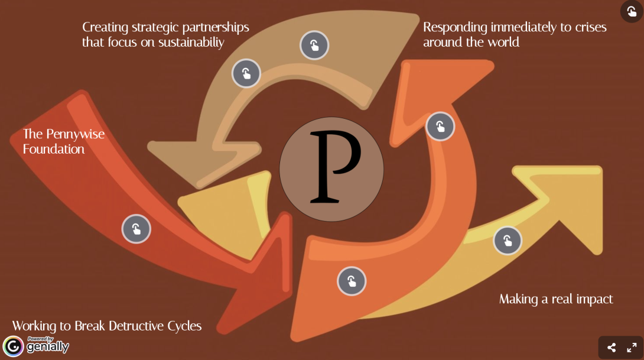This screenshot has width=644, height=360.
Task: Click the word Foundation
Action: tap(54, 149)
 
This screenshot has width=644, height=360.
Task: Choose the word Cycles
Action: tap(183, 326)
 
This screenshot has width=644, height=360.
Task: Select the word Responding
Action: tap(455, 27)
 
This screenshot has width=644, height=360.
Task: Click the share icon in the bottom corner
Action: tap(612, 348)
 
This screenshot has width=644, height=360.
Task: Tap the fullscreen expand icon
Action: tap(632, 348)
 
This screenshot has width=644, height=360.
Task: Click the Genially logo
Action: tap(35, 346)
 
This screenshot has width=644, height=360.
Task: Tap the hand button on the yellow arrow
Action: tap(508, 240)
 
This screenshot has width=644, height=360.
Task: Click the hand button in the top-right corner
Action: tap(632, 11)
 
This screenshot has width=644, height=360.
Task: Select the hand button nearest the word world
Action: tap(440, 126)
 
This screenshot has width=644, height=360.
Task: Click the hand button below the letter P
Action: tap(352, 281)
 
